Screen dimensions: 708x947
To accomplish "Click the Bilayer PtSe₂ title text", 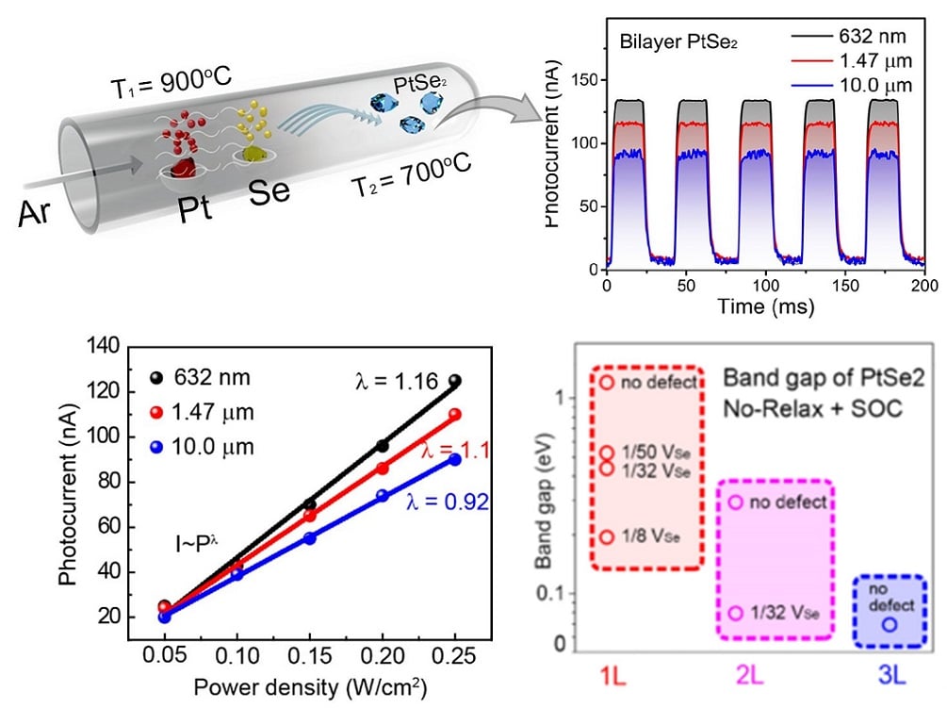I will point(664,43).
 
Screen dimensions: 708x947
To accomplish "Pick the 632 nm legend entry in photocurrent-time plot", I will point(873,37).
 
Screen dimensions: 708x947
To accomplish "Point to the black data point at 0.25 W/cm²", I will point(455,381).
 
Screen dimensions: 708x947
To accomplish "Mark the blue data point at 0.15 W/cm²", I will point(309,537).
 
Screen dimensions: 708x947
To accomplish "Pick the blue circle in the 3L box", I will point(890,624).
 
